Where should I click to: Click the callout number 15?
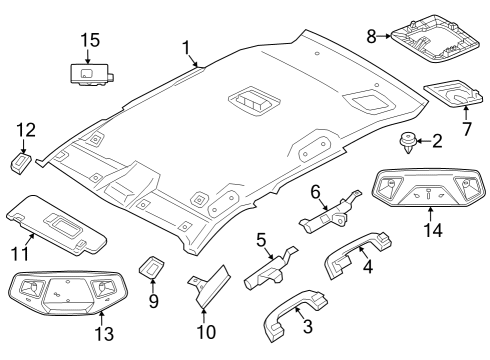[90, 40]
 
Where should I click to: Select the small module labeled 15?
[90, 73]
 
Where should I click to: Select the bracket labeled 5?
[268, 268]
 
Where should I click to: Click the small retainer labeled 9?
[151, 268]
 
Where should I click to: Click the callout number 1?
[185, 47]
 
